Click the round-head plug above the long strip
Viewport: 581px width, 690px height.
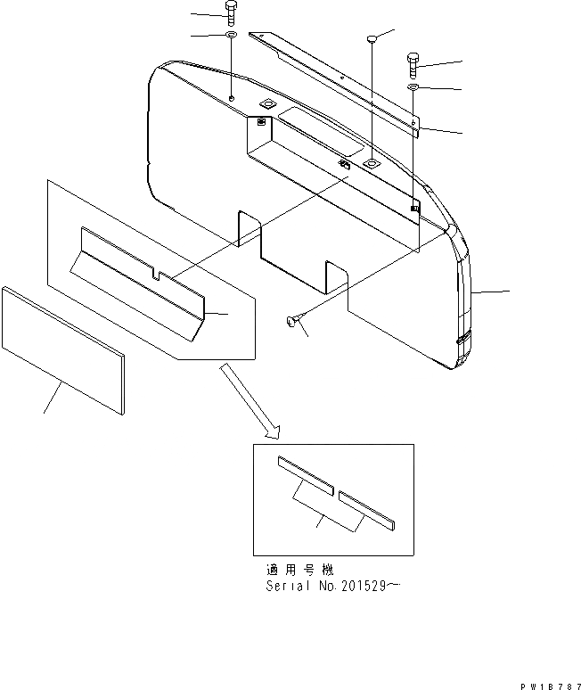(372, 37)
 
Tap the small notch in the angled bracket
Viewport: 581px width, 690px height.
(157, 276)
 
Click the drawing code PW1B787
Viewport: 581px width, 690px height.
(546, 680)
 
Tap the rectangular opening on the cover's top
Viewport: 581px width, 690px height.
(319, 126)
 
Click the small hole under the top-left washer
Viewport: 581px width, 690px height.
(231, 97)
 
